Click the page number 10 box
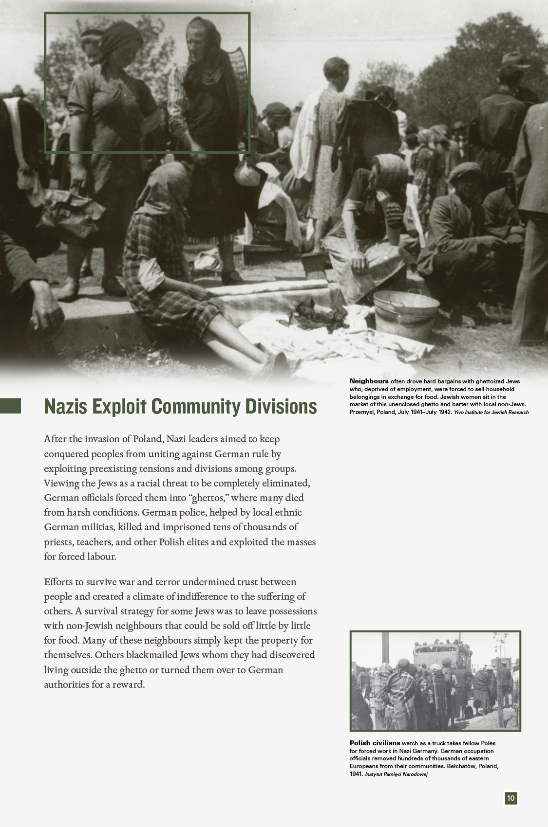pyautogui.click(x=510, y=798)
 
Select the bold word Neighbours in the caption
pyautogui.click(x=369, y=381)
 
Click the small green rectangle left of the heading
pyautogui.click(x=10, y=406)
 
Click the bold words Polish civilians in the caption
pyautogui.click(x=375, y=743)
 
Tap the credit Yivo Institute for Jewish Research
pyautogui.click(x=491, y=413)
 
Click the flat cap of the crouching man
pyautogui.click(x=465, y=172)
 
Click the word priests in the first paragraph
pyautogui.click(x=57, y=542)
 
